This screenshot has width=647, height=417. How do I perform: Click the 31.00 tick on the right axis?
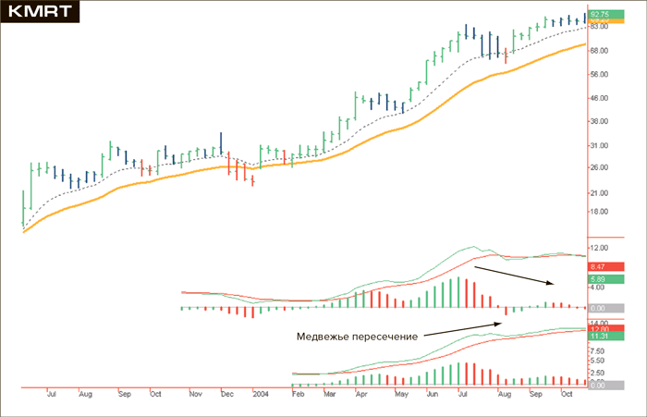pos(599,145)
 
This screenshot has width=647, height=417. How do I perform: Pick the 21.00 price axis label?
pos(599,192)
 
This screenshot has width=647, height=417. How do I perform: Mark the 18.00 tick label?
pos(599,211)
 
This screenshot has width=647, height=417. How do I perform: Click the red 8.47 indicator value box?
pos(599,266)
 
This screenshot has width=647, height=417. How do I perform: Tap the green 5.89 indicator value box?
pos(599,278)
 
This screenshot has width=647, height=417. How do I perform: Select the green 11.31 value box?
pos(599,337)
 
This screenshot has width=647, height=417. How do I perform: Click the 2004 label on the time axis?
pos(261,394)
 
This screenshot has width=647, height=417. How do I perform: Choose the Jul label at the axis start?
pos(52,394)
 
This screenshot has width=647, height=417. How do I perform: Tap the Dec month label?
pos(226,394)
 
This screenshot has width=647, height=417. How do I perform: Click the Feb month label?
pos(298,394)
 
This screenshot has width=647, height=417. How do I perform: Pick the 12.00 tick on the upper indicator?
pos(599,248)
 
